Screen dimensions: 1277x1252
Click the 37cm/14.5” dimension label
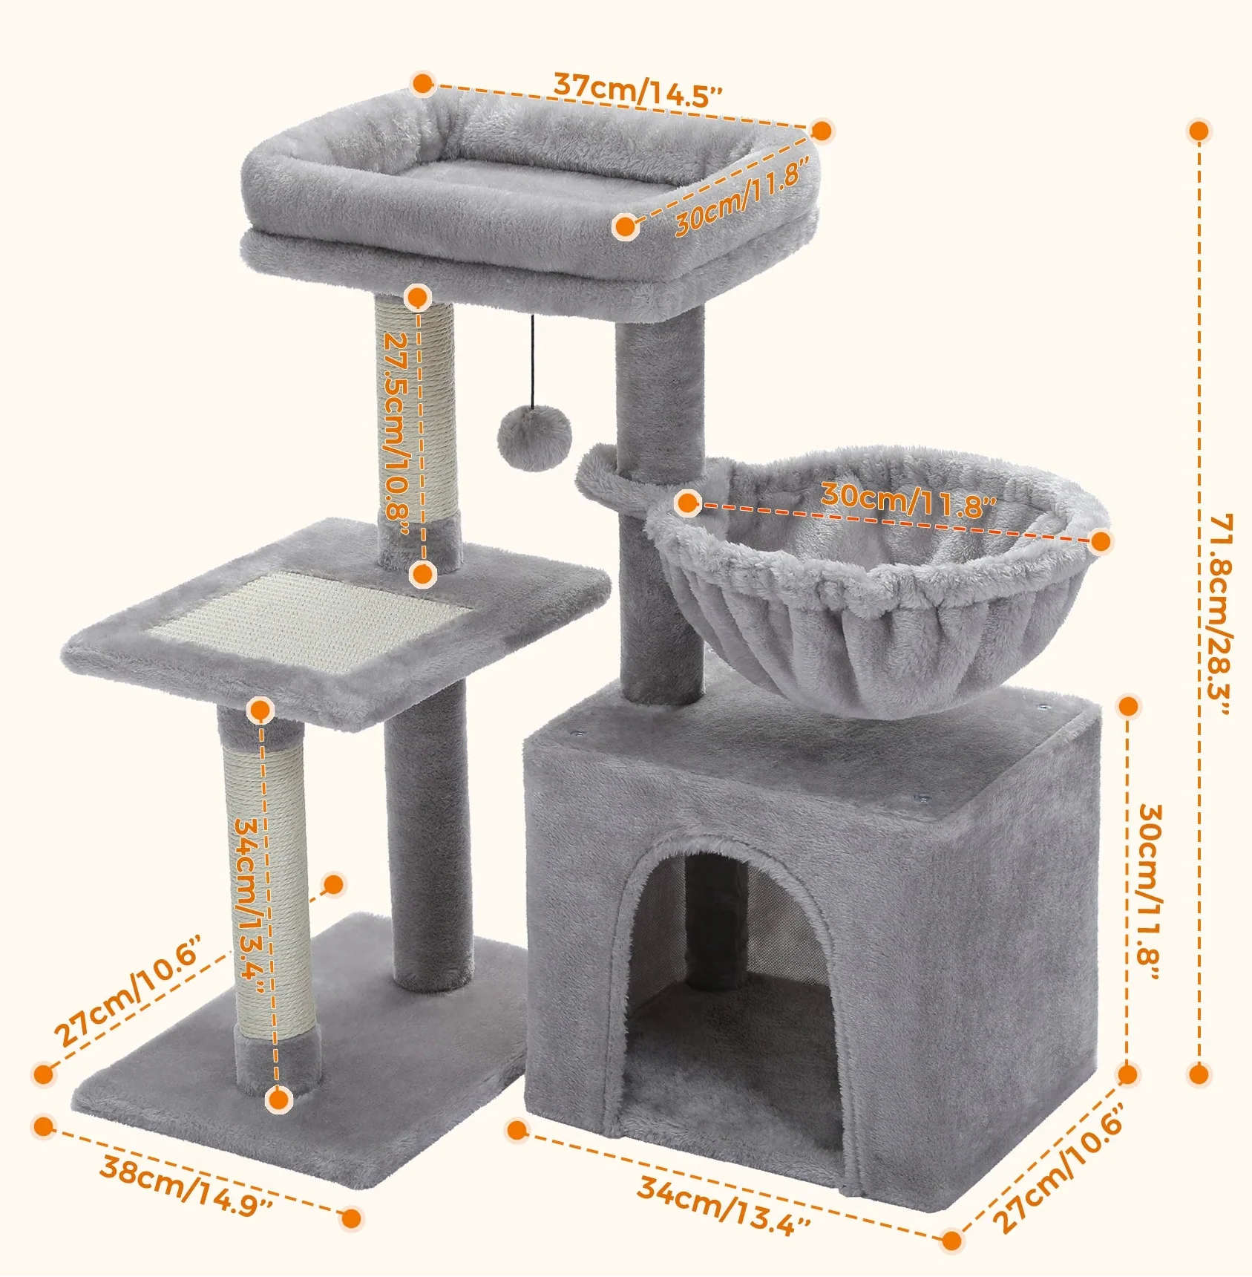coord(638,90)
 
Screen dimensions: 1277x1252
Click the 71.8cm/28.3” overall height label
coord(1219,613)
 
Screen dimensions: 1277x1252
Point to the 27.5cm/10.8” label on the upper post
coord(397,432)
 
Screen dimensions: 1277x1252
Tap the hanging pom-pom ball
coord(534,437)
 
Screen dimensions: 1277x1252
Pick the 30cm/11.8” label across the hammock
coord(908,500)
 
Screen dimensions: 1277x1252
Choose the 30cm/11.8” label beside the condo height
coord(1149,891)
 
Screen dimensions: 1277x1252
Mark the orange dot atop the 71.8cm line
coord(1199,131)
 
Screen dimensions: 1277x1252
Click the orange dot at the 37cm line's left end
coord(423,83)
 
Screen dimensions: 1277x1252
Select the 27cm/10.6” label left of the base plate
coord(128,991)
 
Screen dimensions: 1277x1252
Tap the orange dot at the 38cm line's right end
coord(351,1218)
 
